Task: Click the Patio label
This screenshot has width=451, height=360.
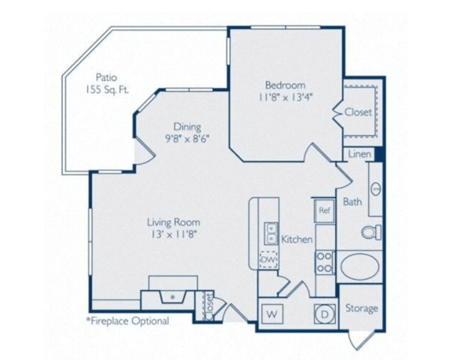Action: pos(106,77)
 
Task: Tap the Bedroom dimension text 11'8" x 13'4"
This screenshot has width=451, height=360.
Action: pos(285,98)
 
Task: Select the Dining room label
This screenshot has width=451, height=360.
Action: pos(187,127)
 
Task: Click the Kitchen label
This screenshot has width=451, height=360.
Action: pos(297,239)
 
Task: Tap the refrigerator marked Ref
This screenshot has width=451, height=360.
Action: pos(325,211)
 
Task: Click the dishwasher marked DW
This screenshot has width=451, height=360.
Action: pos(268,260)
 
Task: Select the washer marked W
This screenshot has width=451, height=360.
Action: pos(272,314)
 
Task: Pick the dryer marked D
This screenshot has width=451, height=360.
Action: pos(325,314)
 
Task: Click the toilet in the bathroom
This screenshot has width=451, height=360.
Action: pos(371,232)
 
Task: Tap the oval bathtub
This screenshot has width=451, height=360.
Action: pos(360,266)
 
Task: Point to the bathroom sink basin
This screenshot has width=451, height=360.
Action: pos(376,189)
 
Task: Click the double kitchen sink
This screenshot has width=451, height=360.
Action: pos(271,234)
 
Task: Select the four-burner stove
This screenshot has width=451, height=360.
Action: pos(325,262)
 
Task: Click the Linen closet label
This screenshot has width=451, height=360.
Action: pos(360,154)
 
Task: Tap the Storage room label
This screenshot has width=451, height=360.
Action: pos(362,308)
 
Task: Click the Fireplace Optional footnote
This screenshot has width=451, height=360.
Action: pos(128,321)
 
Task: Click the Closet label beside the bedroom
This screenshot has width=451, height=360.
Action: pos(358,112)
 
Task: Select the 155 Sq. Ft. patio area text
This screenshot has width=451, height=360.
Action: pos(107,90)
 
